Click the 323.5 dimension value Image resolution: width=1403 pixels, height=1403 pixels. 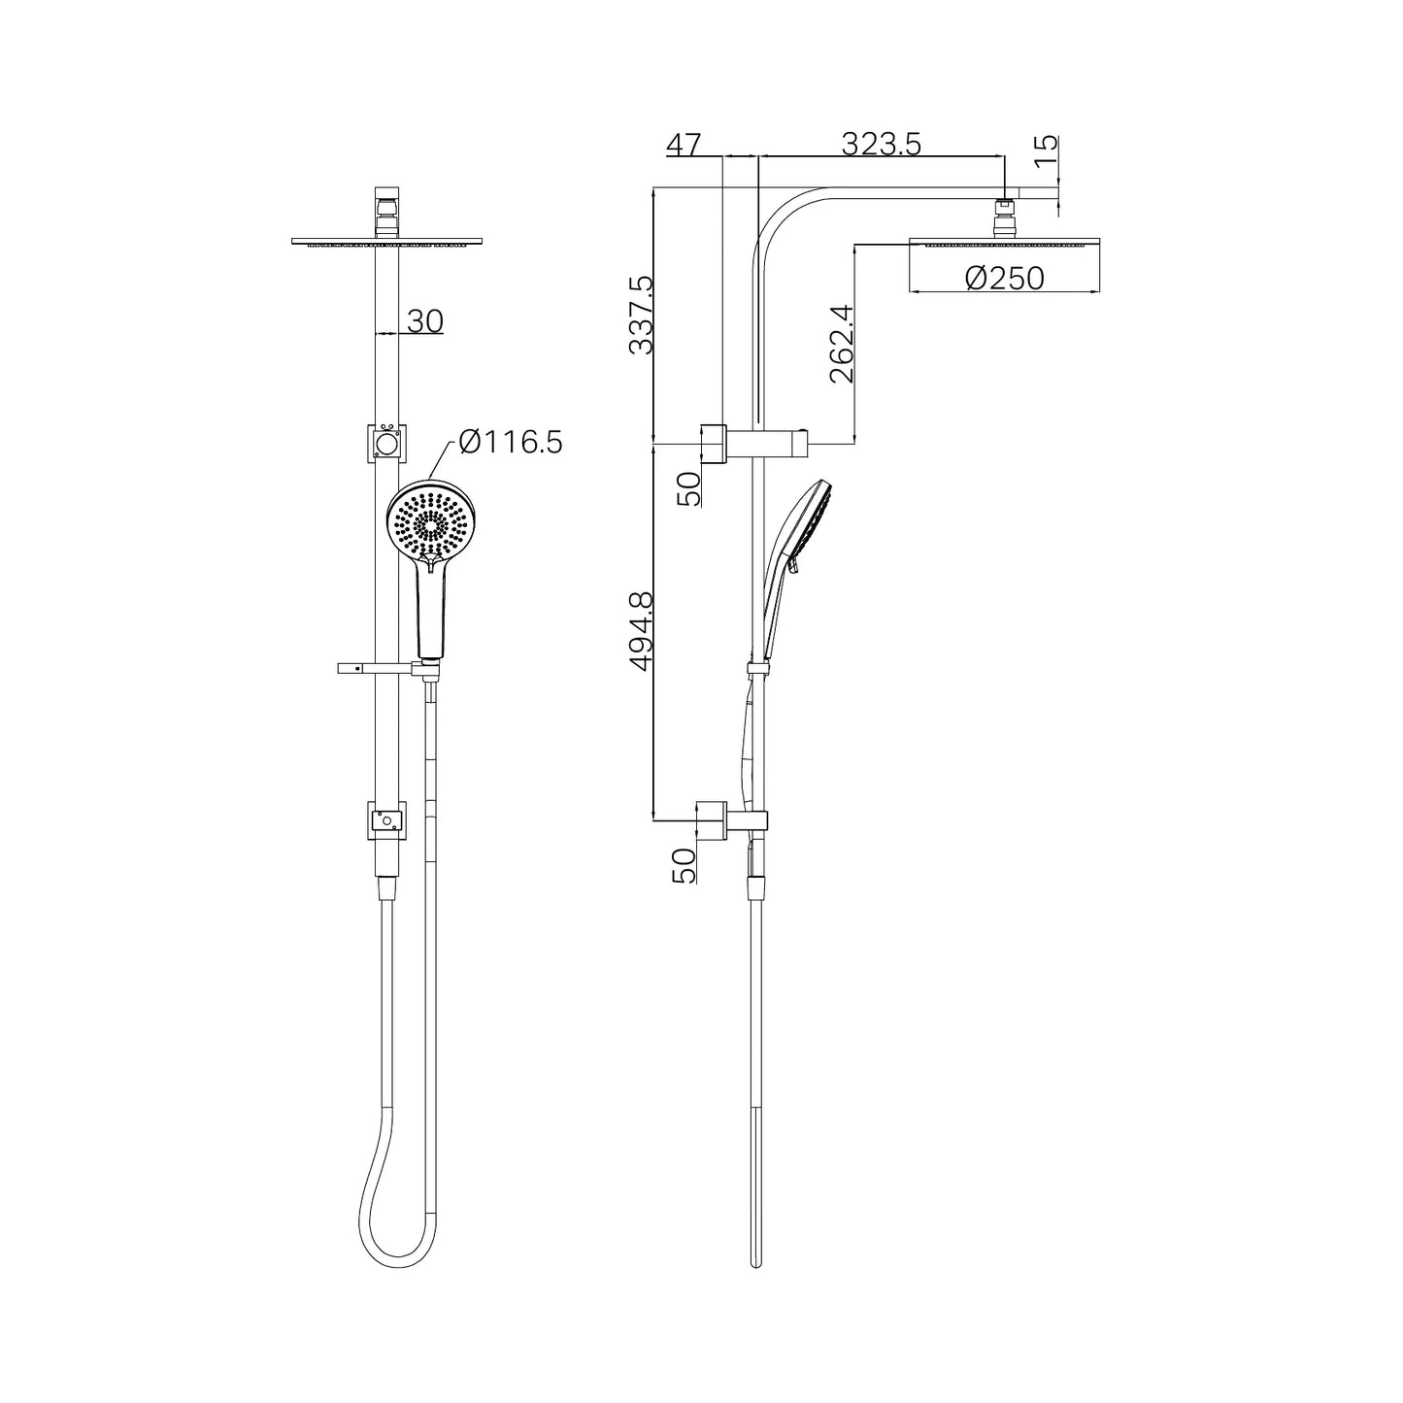coord(881,144)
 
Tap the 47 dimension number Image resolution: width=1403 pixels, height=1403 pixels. coord(683,145)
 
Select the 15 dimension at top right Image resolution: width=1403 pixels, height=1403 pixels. coord(1045,150)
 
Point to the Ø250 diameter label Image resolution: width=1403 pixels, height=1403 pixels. coord(1005,279)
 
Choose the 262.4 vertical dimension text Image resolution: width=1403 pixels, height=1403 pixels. coord(841,344)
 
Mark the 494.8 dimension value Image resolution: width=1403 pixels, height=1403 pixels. coord(641,632)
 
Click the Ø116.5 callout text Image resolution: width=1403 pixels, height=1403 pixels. coord(511,443)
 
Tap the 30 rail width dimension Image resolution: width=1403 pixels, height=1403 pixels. coord(425,320)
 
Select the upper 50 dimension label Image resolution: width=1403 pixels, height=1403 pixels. coord(687,488)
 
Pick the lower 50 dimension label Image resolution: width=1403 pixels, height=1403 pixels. coord(685,864)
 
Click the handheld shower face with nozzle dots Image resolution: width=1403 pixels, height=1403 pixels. coord(429,522)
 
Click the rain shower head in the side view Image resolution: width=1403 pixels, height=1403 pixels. coord(1005,242)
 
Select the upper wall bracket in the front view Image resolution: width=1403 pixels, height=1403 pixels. coord(386,443)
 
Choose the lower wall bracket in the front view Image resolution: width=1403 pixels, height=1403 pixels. coord(386,819)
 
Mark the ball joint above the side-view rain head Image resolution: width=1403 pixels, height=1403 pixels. coord(1005,217)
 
